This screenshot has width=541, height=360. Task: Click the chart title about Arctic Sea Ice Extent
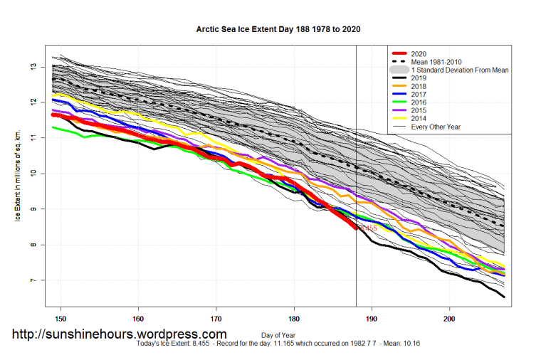[x=273, y=31]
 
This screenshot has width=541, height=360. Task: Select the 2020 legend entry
[x=419, y=54]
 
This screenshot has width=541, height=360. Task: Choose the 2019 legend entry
[x=419, y=79]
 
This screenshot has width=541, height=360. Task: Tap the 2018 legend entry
[x=419, y=87]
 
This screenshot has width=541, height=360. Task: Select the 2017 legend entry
[x=419, y=95]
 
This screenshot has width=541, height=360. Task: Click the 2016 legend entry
[x=419, y=103]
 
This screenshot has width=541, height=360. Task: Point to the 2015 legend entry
[x=419, y=111]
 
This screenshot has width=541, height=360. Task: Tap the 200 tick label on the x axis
[x=449, y=318]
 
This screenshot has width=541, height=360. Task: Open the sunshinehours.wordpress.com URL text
[x=120, y=334]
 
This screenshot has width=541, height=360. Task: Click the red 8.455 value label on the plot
[x=367, y=228]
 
